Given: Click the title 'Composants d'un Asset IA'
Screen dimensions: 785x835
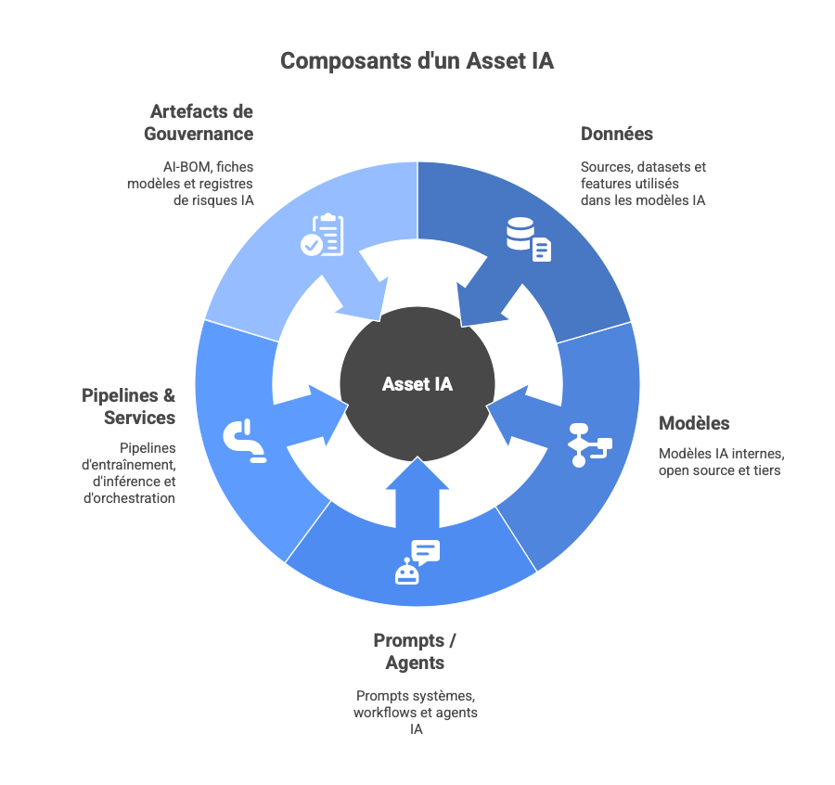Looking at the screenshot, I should pos(417,61).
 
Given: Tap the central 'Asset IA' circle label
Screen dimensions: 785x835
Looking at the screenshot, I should pos(417,384).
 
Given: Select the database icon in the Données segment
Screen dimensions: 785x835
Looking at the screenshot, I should pos(528,238).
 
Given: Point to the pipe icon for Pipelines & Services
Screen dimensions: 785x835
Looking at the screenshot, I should pos(244,441).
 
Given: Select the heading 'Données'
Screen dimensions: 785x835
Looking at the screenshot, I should pos(617,134).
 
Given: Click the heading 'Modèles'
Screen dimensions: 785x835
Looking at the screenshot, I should pos(694,423).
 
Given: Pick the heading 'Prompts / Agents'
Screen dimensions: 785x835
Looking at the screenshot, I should pos(416,651).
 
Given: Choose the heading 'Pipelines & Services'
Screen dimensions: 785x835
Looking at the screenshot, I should pos(128,406).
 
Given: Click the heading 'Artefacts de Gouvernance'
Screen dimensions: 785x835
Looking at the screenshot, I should pos(199,122).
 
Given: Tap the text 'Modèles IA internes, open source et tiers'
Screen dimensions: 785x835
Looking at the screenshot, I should pos(722,462).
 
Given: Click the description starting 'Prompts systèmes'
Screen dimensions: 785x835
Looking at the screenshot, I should pos(416,712).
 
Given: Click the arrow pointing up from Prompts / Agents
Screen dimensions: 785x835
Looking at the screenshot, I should pos(417,492).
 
